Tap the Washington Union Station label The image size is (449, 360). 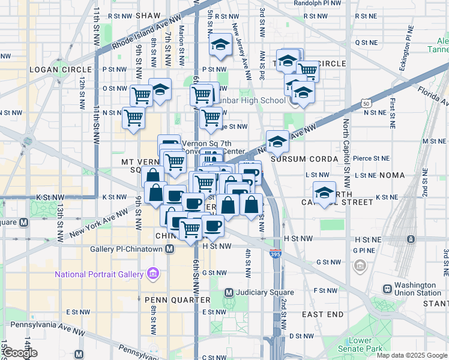point(419,289)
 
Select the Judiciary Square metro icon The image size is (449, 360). point(229,293)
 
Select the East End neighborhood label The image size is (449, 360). point(322,314)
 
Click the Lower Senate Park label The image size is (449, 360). point(360,344)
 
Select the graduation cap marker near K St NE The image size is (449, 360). point(324,193)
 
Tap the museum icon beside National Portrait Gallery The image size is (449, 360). point(153,275)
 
